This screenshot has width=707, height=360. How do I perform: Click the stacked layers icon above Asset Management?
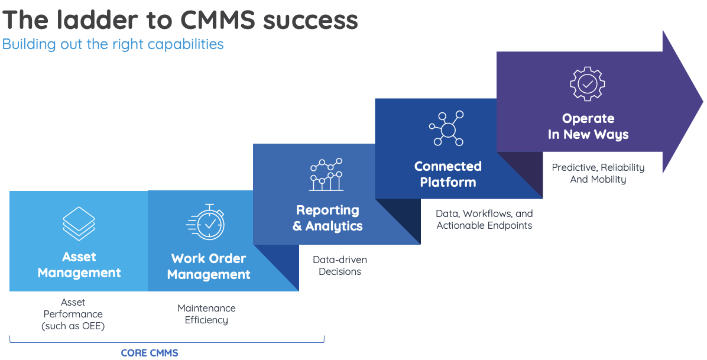coord(79,223)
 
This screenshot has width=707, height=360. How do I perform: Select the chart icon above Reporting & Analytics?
coord(326,174)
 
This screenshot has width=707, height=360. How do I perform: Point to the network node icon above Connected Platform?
coord(447,128)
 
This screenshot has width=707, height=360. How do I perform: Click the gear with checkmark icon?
coord(588,84)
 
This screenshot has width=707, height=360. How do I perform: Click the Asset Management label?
coord(79,265)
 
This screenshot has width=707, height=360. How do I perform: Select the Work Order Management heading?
coord(209,267)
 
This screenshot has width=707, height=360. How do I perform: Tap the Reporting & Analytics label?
coord(327,218)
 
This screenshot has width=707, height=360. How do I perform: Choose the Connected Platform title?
coord(447,174)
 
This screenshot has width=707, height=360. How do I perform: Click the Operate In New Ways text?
coord(588,127)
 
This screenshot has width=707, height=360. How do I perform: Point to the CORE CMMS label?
coord(150,353)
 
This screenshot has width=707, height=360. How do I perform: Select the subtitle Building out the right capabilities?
coord(113,44)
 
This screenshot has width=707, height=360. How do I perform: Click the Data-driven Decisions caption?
coord(340,265)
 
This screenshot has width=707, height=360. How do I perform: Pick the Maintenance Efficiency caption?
coord(206,314)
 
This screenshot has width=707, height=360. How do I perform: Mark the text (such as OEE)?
coord(73,326)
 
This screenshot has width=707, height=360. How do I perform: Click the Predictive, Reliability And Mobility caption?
coord(598,173)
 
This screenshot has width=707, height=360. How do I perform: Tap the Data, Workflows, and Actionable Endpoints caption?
coord(484,219)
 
